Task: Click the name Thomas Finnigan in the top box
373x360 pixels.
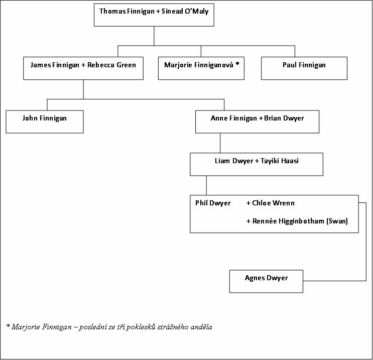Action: (x=127, y=12)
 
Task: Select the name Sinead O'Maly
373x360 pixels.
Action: (x=185, y=12)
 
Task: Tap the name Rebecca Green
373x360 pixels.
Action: (x=111, y=65)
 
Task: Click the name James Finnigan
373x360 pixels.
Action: (x=55, y=65)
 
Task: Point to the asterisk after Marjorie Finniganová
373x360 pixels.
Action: (x=237, y=64)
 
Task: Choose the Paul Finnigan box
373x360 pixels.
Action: (x=304, y=68)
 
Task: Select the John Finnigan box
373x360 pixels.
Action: (x=45, y=122)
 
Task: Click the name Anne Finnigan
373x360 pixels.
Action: (x=234, y=118)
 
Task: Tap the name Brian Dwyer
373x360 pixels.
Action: (x=284, y=118)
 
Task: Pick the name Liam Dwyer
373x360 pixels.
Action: (x=234, y=161)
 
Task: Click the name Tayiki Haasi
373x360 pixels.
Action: (x=280, y=161)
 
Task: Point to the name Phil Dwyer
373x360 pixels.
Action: (x=213, y=203)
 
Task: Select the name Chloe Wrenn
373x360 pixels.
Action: (x=273, y=203)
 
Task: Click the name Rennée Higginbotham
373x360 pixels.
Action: (x=288, y=221)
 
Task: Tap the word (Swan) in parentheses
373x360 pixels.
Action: (x=337, y=221)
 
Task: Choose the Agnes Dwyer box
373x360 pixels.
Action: (x=266, y=281)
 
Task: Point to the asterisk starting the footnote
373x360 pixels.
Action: (x=9, y=325)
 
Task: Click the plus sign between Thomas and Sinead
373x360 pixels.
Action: (x=158, y=12)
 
